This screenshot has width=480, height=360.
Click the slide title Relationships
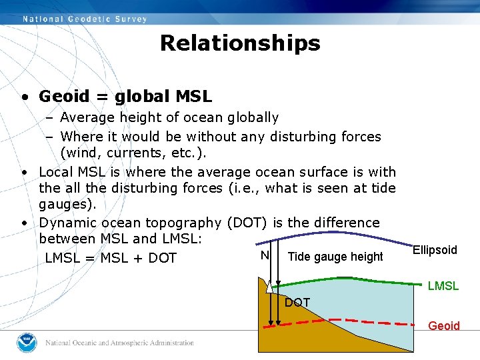point(240,43)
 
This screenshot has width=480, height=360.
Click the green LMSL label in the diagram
point(443,286)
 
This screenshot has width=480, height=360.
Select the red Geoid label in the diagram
point(444,326)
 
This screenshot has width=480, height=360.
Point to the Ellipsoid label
point(435,250)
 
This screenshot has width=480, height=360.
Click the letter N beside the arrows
point(265,255)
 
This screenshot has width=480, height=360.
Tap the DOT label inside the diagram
point(297,303)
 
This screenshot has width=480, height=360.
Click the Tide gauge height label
point(335,257)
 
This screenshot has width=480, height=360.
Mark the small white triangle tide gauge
point(269,287)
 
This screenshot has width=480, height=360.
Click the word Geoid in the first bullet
point(63,97)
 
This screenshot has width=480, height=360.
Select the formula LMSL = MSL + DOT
point(111,258)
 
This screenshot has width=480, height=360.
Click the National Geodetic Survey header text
point(85,19)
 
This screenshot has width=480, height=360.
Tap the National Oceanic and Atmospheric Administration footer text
point(120,343)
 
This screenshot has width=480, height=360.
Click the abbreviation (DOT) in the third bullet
point(248,223)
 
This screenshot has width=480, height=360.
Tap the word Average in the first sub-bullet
point(85,118)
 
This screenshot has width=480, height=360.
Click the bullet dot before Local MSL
point(23,172)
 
